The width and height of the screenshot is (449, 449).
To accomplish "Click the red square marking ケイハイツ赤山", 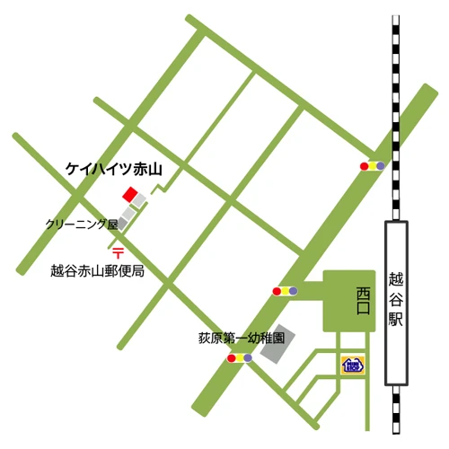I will pos(131,196).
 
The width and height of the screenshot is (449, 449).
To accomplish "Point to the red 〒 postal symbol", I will pos(117,254).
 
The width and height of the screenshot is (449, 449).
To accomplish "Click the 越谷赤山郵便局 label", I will pos(97,269).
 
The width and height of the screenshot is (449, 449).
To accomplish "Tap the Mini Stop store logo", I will pos(352,365).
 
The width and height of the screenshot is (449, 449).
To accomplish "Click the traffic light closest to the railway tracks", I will pos(372,166).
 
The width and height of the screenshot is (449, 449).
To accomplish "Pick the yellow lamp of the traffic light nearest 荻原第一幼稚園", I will pos(239,358).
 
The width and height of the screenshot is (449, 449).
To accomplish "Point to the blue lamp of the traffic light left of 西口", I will pos(292,291).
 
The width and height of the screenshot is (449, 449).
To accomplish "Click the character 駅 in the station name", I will pos(398,320).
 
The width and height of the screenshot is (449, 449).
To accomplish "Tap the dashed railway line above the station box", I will pos(395,117).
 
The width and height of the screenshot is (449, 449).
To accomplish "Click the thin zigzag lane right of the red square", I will pos(158,190).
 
